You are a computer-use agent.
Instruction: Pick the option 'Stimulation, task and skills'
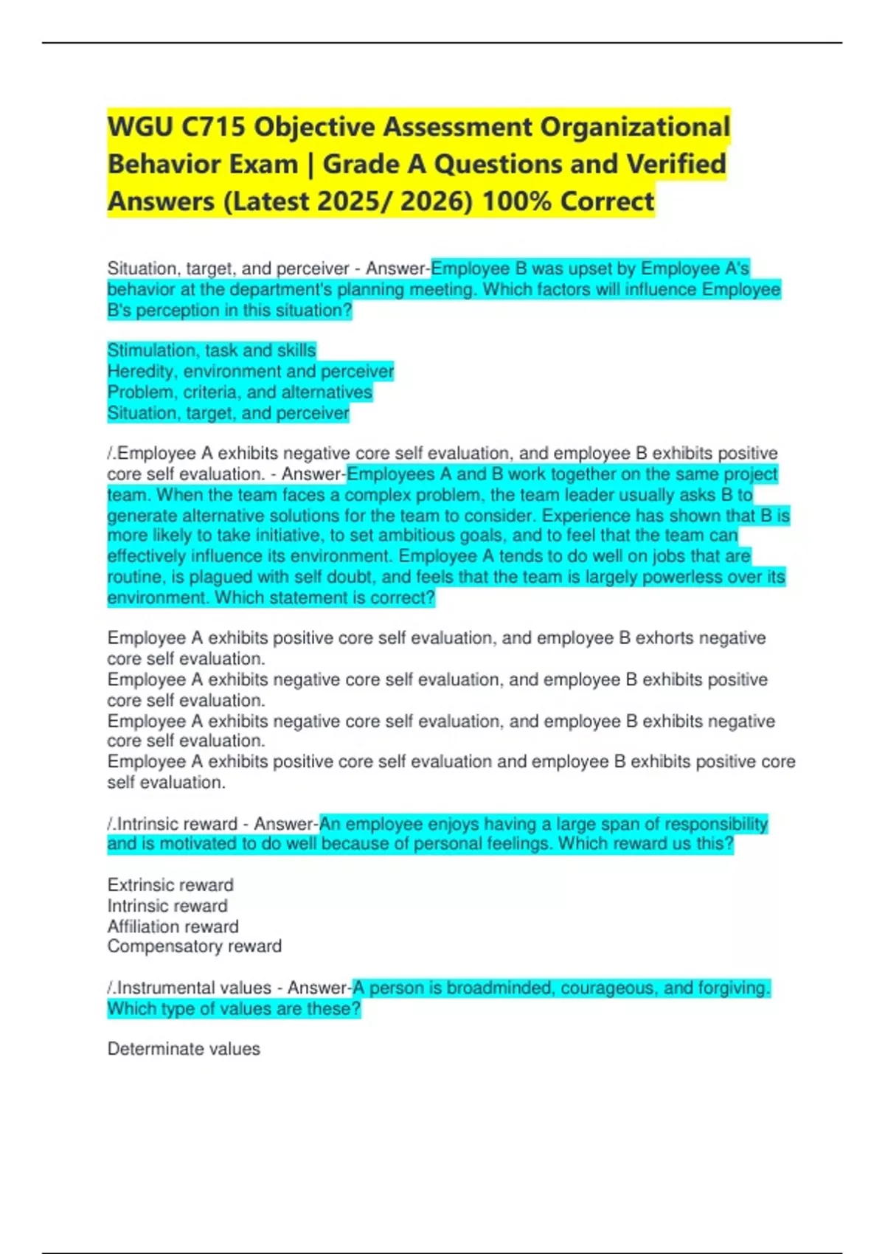click(x=212, y=350)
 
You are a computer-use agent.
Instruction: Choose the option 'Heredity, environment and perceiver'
click(x=251, y=371)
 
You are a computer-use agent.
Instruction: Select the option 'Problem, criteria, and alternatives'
click(x=240, y=392)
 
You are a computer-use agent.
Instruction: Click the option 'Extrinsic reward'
click(x=170, y=885)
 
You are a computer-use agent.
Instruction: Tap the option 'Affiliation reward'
click(x=173, y=926)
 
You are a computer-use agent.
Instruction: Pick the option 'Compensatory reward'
click(x=194, y=946)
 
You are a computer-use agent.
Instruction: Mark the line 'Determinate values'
click(x=184, y=1049)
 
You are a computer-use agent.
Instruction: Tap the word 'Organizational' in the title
click(x=635, y=127)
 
